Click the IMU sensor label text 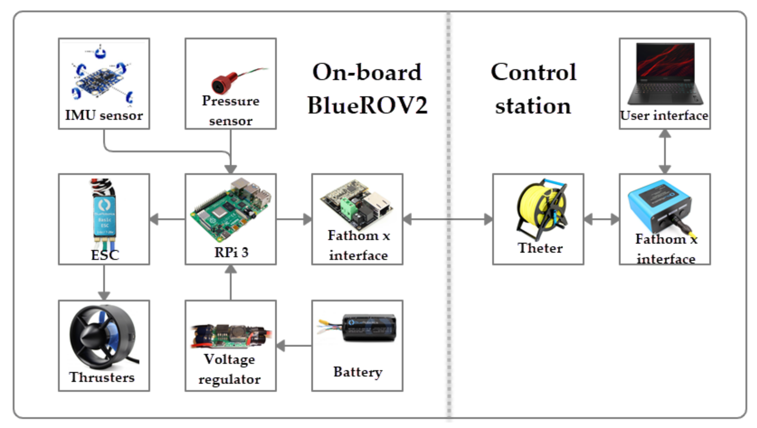(x=104, y=115)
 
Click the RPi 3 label (x=231, y=252)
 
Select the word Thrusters (x=102, y=377)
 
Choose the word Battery (x=358, y=372)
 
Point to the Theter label (x=540, y=248)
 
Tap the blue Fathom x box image (x=659, y=206)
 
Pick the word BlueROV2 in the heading (x=367, y=106)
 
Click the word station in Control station (x=533, y=106)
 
